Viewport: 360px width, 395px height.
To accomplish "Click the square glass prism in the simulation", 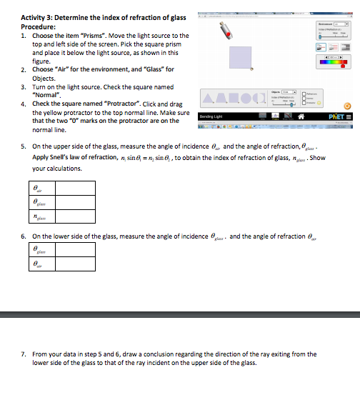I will pyautogui.click(x=239, y=58).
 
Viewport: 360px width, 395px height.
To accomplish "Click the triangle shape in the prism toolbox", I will pyautogui.click(x=207, y=99).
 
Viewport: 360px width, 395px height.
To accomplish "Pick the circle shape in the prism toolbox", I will pyautogui.click(x=246, y=99).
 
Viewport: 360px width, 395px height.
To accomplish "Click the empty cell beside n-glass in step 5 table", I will pyautogui.click(x=75, y=216).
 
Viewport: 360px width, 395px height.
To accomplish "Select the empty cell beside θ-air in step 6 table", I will pyautogui.click(x=75, y=264).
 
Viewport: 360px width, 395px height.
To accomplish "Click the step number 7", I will pyautogui.click(x=24, y=354).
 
